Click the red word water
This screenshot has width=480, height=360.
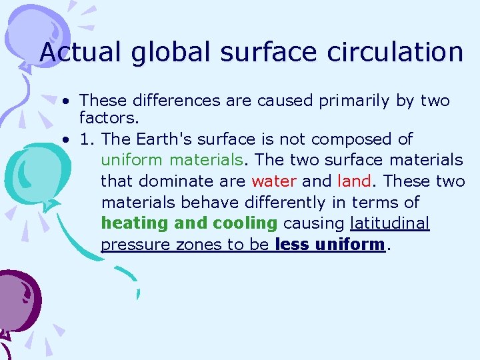point(273,181)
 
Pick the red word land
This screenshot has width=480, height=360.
point(353,181)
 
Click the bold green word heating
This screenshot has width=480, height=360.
point(133,223)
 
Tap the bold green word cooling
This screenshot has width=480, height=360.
point(245,223)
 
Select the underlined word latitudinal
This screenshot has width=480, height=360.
point(390,223)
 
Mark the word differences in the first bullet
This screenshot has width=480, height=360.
point(170,101)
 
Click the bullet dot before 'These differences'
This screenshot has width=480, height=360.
point(67,101)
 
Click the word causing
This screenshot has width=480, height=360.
point(313,223)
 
